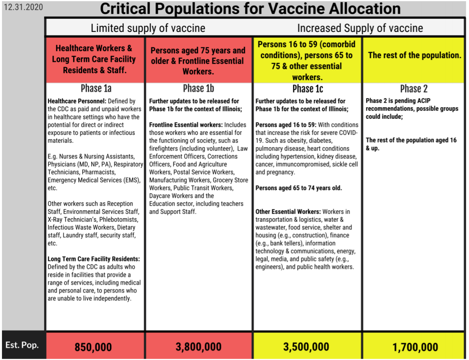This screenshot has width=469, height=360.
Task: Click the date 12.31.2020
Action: click(23, 7)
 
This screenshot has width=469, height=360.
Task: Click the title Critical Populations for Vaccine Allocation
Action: click(250, 9)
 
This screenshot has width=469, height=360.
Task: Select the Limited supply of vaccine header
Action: click(148, 28)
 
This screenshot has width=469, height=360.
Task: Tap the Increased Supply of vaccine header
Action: click(360, 28)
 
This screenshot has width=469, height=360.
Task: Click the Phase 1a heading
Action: click(96, 88)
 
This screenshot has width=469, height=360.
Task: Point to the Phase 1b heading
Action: click(199, 88)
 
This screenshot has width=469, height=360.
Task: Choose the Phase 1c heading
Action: click(308, 88)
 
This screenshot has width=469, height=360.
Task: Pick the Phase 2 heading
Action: click(414, 88)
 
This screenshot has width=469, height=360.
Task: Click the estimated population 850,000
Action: click(94, 347)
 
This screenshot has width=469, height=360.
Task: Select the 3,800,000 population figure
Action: click(199, 347)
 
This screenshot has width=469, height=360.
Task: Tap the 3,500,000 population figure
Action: click(306, 347)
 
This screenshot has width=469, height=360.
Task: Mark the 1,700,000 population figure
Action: click(415, 347)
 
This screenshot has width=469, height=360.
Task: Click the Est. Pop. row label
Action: click(22, 345)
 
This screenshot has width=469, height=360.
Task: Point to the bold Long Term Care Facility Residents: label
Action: click(94, 259)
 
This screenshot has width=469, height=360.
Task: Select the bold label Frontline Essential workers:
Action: click(186, 125)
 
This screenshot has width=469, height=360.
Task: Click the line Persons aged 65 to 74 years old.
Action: click(298, 188)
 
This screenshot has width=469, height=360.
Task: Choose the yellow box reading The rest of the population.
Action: click(414, 55)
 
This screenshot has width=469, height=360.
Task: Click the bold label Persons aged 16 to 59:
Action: click(286, 125)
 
